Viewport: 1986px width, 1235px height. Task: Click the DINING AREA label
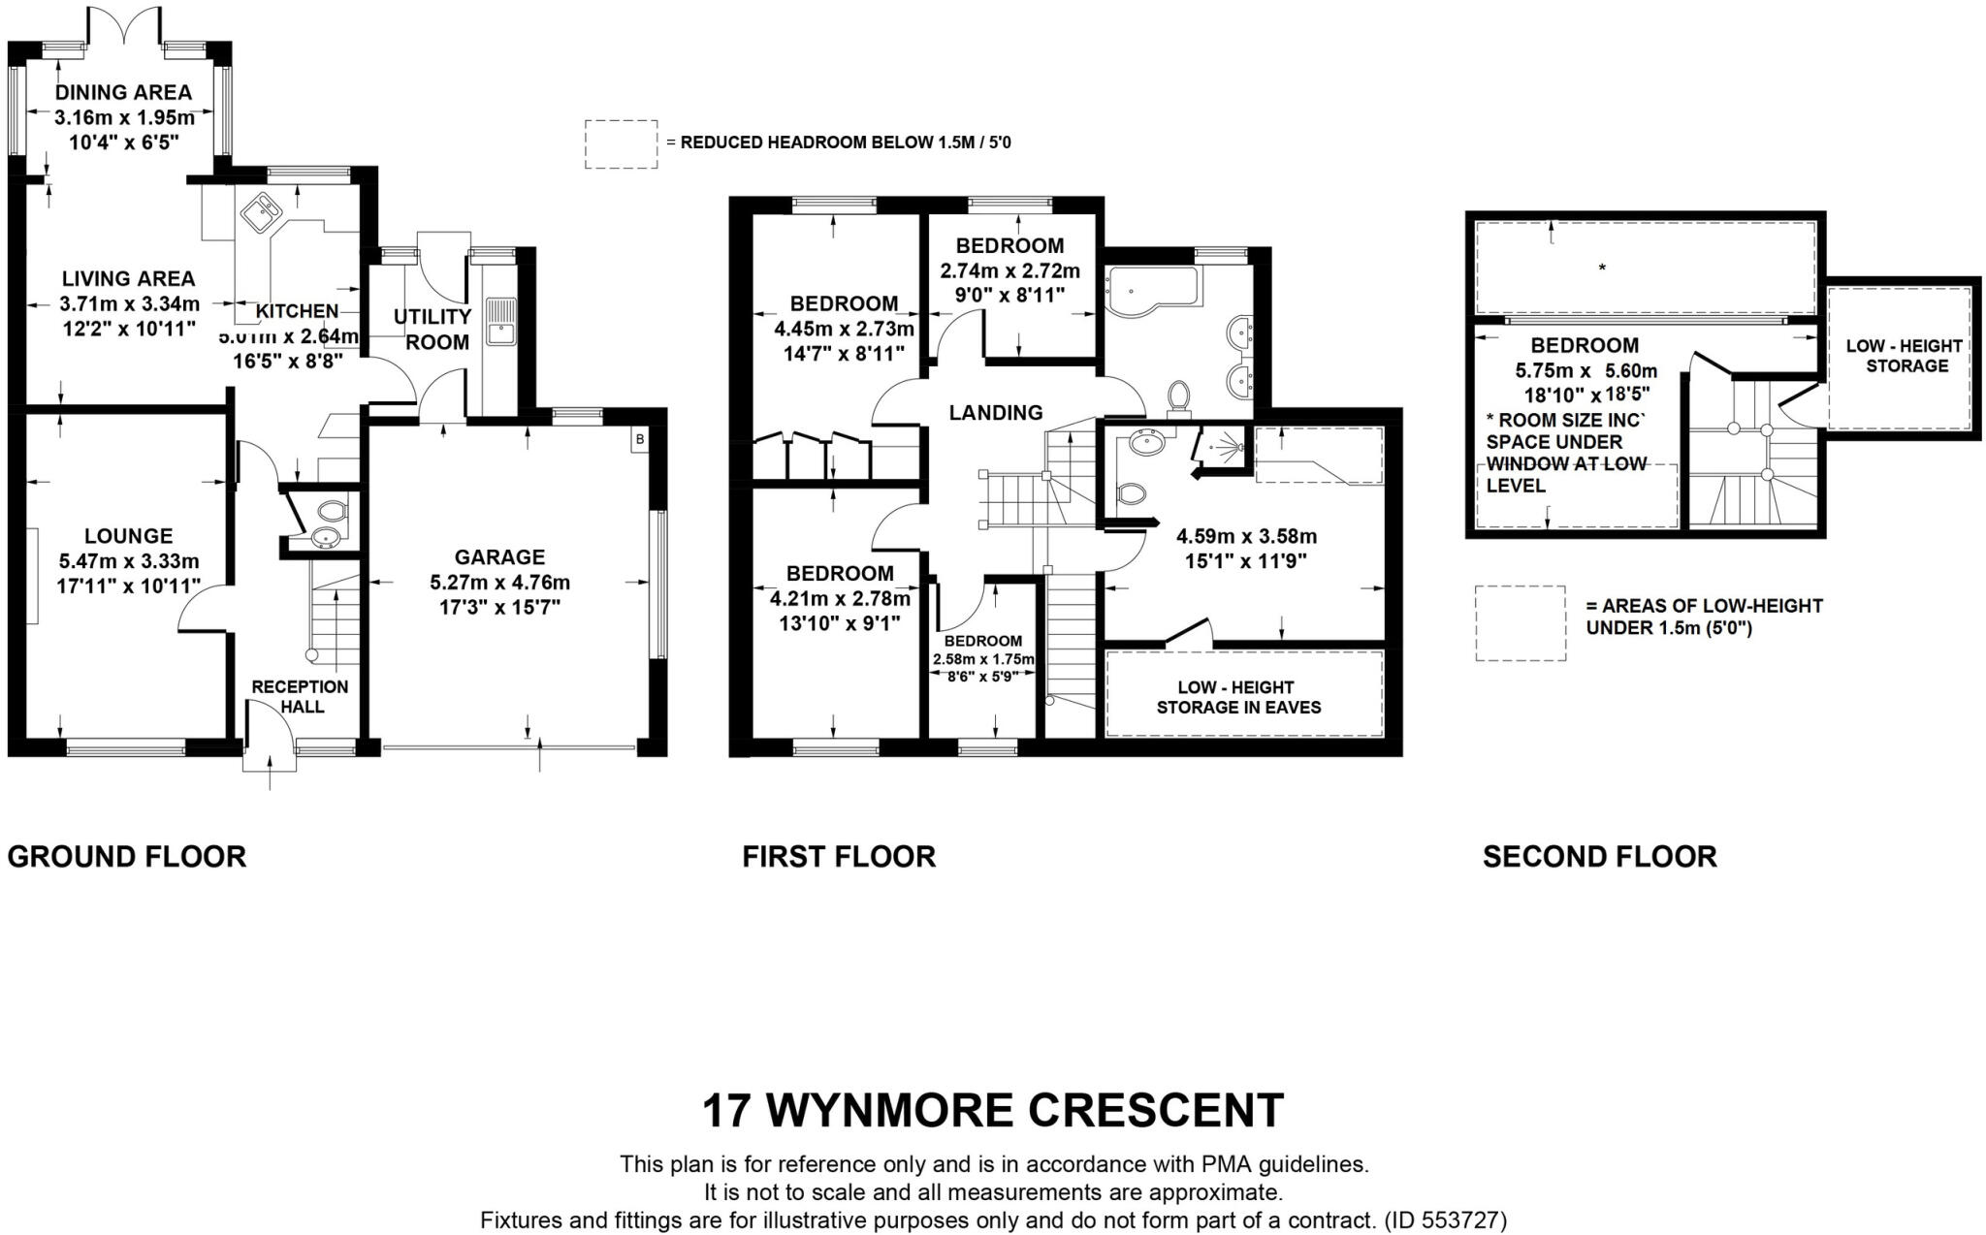coord(123,93)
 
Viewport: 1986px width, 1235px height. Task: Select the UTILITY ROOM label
coord(432,330)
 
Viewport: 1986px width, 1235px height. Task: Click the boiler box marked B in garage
coord(639,440)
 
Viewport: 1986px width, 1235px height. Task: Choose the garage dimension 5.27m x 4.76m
coord(499,583)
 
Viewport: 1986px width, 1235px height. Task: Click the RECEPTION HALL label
coord(300,696)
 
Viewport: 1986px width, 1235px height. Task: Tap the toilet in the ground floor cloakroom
coord(331,511)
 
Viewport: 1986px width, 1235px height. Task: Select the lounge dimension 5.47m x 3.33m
coord(129,561)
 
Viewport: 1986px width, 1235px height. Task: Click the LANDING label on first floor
coord(996,413)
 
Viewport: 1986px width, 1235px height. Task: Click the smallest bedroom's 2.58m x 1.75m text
coord(983,659)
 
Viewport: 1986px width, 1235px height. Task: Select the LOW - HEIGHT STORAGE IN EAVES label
coord(1238,697)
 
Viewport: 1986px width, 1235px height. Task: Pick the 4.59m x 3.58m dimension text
coord(1246,536)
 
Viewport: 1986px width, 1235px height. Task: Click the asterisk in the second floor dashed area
coord(1602,269)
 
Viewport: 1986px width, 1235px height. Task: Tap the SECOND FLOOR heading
coord(1599,857)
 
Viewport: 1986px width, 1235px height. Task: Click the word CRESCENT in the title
coord(1156,1111)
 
